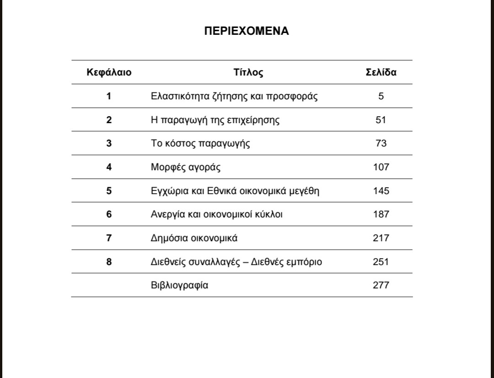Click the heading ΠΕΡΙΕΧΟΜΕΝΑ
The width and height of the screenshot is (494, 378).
click(247, 31)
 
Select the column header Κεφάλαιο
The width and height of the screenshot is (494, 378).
click(109, 72)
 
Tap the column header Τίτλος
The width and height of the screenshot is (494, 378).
click(248, 72)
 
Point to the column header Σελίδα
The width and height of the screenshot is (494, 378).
click(381, 72)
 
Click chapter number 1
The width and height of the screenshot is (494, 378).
click(109, 96)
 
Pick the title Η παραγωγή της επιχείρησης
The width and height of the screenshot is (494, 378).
click(215, 120)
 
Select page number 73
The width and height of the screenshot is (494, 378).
click(381, 143)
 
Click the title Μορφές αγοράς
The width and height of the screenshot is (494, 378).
click(186, 167)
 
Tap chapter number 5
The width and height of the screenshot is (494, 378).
click(109, 191)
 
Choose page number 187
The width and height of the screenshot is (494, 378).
click(381, 214)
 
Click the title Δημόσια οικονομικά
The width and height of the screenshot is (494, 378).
click(194, 238)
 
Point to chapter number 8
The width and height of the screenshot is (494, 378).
click(109, 262)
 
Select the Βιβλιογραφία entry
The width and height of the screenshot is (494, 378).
click(179, 285)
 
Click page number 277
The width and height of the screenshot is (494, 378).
click(381, 285)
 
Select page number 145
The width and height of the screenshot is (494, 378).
click(381, 191)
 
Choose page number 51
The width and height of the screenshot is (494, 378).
click(381, 120)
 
